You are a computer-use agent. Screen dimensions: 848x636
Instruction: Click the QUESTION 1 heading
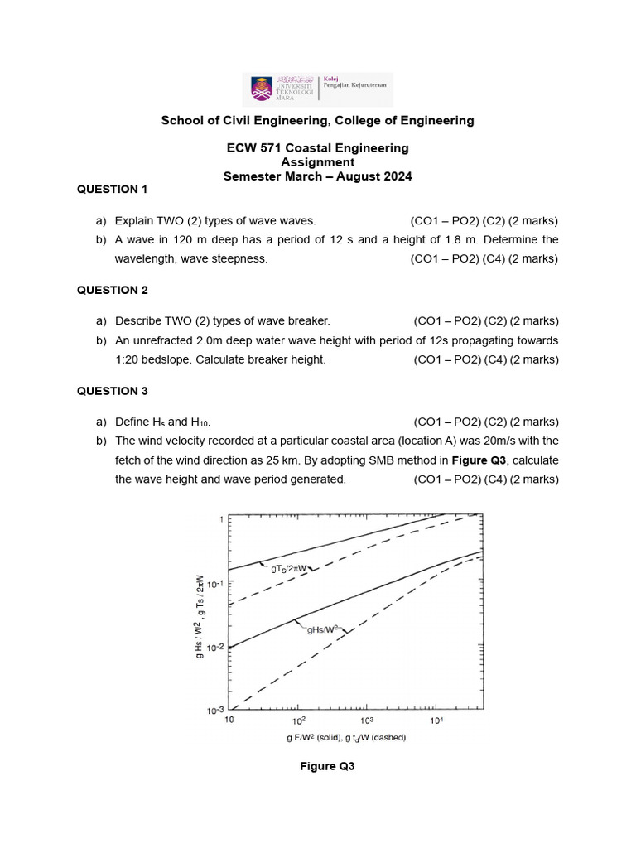tap(112, 190)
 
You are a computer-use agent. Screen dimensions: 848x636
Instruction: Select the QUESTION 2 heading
tap(112, 290)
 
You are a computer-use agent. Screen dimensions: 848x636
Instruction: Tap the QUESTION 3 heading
tap(112, 391)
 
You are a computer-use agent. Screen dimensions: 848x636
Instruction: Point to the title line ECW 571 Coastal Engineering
tap(317, 148)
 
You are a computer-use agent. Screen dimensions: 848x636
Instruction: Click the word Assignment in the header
tap(317, 162)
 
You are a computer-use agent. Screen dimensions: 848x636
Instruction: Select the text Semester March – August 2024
tap(317, 176)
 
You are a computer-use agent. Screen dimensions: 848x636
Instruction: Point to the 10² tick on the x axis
tap(298, 721)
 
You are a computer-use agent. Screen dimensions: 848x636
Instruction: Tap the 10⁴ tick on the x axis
tap(436, 721)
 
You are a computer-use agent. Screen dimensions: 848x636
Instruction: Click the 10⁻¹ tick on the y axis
tap(215, 584)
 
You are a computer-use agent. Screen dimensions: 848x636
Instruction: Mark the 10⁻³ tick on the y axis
tap(215, 711)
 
